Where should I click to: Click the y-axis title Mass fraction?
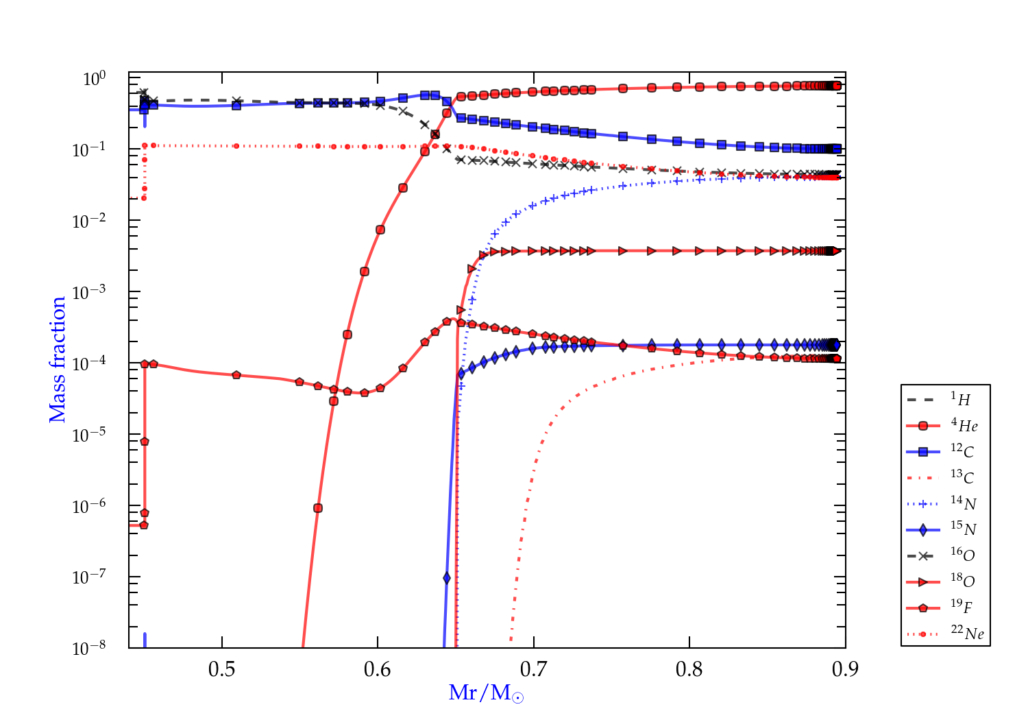coord(58,359)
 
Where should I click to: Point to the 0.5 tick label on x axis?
coord(222,669)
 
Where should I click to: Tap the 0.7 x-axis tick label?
coord(533,669)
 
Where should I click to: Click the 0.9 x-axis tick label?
coord(845,669)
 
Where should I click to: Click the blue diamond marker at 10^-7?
coord(447,578)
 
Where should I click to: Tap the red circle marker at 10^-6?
coord(318,508)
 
